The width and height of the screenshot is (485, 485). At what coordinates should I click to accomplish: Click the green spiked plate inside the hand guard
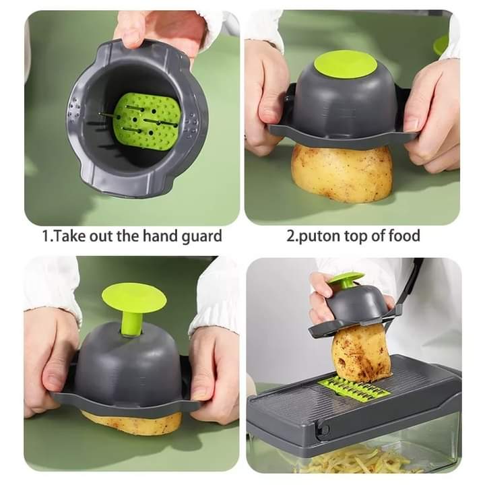click(147, 121)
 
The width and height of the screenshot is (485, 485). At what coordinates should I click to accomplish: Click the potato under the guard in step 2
click(342, 172)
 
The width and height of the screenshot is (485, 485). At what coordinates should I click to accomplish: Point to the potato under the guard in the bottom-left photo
click(131, 422)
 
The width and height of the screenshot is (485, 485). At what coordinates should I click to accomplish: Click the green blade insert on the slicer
click(356, 387)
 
